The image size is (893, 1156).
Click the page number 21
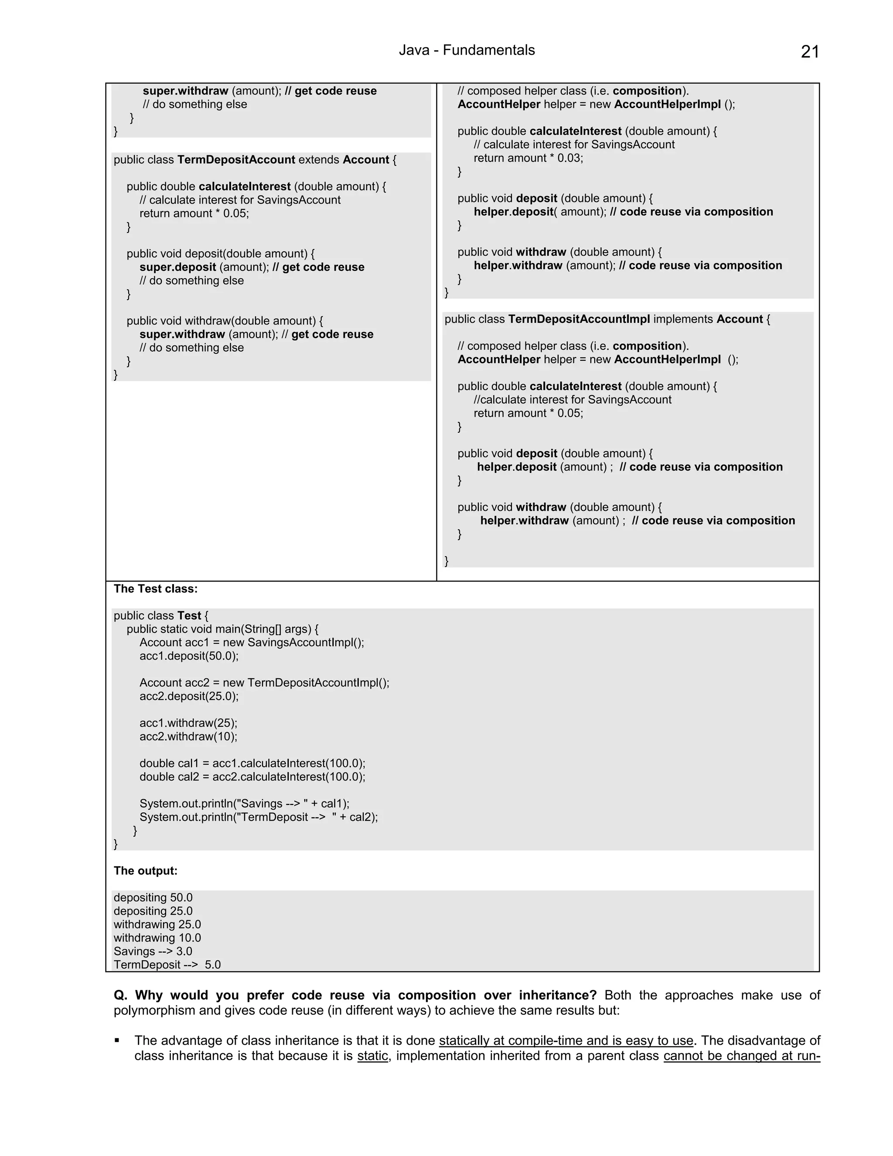click(x=809, y=52)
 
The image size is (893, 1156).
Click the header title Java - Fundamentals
click(x=467, y=50)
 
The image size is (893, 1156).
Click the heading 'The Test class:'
click(x=156, y=588)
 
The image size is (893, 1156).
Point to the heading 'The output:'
click(x=146, y=871)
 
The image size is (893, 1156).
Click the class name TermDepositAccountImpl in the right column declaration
click(x=579, y=319)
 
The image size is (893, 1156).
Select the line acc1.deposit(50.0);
click(x=189, y=656)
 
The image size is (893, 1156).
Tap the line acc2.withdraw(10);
click(x=188, y=736)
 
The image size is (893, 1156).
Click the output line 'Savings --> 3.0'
click(x=153, y=951)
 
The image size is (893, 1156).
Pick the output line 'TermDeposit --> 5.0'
click(x=167, y=964)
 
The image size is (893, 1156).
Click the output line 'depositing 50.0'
click(x=153, y=898)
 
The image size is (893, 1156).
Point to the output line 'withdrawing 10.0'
click(x=157, y=938)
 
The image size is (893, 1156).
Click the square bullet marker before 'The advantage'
click(x=117, y=1040)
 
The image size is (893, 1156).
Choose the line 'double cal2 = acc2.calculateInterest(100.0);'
click(x=252, y=776)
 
